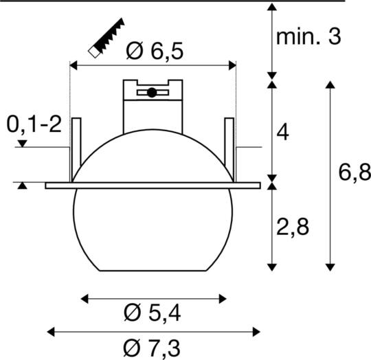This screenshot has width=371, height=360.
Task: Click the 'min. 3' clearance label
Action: click(308, 37)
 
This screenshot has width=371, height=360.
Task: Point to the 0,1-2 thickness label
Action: click(34, 124)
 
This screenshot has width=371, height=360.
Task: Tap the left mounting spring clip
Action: click(76, 148)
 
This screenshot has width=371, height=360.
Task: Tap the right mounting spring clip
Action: click(229, 148)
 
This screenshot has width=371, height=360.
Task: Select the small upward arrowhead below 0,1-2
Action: click(23, 185)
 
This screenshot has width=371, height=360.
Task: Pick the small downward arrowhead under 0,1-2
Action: click(23, 144)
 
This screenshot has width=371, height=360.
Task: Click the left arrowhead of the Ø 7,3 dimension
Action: click(50, 333)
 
